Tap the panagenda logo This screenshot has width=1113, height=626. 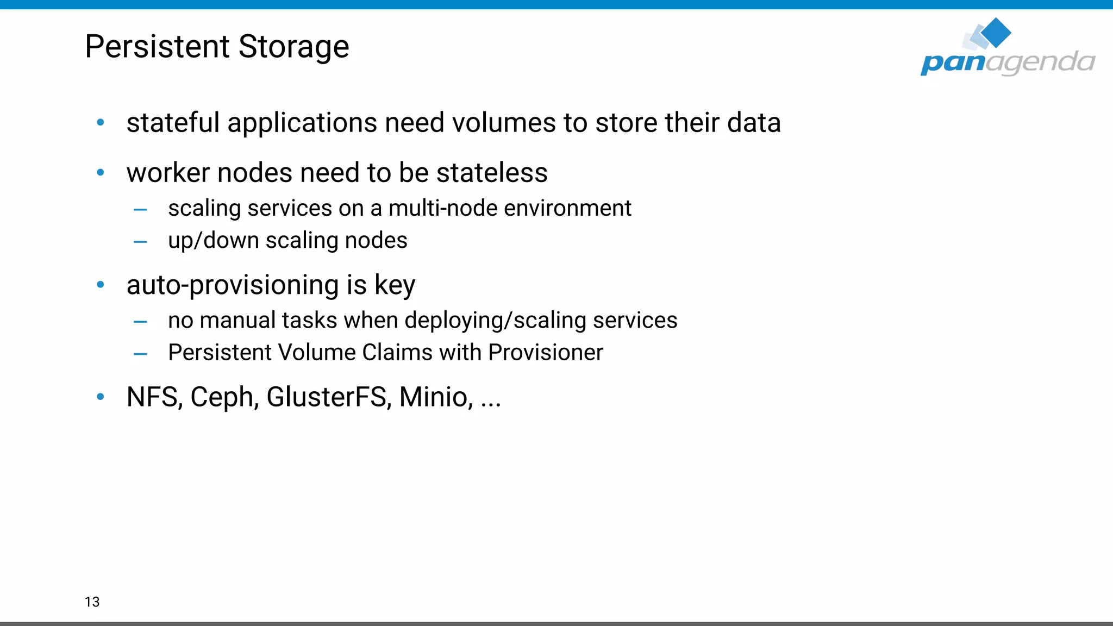coord(1008,49)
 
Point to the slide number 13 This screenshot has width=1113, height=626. coord(92,602)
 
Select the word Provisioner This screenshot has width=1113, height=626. coord(546,353)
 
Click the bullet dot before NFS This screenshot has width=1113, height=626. coord(101,397)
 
